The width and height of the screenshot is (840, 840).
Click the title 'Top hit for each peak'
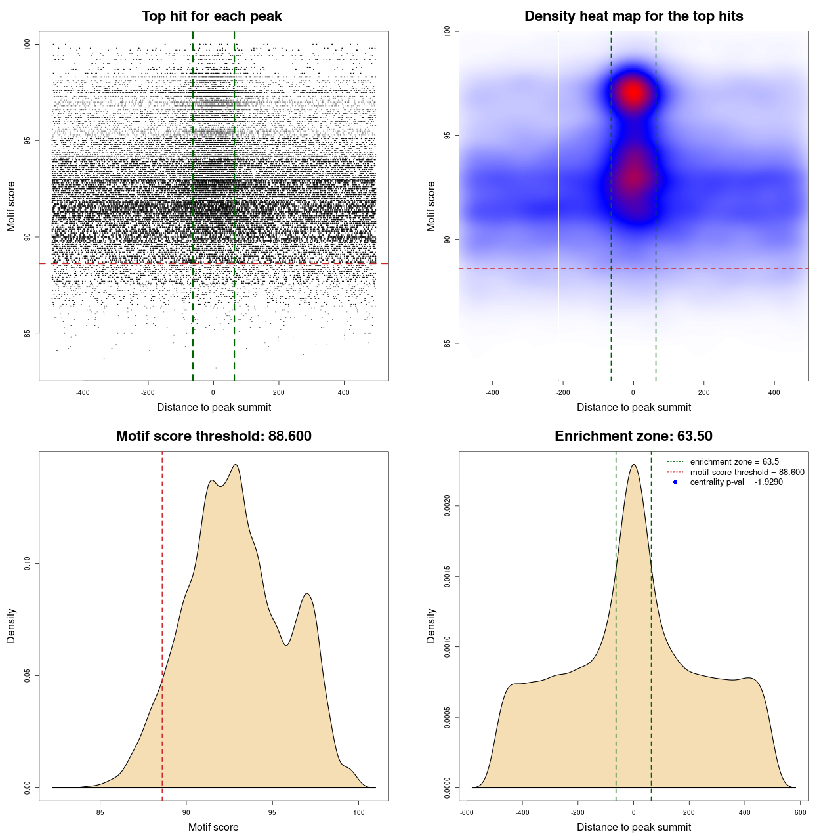212,16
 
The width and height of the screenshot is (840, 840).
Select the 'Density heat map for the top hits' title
633,16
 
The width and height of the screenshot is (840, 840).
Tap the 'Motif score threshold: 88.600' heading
213,436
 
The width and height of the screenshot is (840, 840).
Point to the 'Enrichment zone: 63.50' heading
633,436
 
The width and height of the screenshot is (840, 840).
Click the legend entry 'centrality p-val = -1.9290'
736,482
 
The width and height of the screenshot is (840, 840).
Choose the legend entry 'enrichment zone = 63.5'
734,462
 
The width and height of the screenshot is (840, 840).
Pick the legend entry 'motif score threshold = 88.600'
747,472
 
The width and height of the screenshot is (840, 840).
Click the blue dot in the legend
675,482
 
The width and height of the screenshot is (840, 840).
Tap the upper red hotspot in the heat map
633,93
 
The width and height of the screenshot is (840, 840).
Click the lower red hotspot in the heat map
633,177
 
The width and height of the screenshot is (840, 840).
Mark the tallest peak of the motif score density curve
235,465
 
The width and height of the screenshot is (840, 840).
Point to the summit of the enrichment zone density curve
633,465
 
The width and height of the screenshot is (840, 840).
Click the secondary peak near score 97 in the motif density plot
306,593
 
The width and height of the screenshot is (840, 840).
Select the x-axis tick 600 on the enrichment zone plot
800,812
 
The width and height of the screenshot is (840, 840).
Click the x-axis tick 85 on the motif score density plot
100,812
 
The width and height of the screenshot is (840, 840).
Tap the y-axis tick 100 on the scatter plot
27,44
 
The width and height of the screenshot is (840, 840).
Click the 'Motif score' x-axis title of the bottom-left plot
213,827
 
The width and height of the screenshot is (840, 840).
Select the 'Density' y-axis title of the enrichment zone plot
431,625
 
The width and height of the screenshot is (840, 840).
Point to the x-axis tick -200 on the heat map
563,392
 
